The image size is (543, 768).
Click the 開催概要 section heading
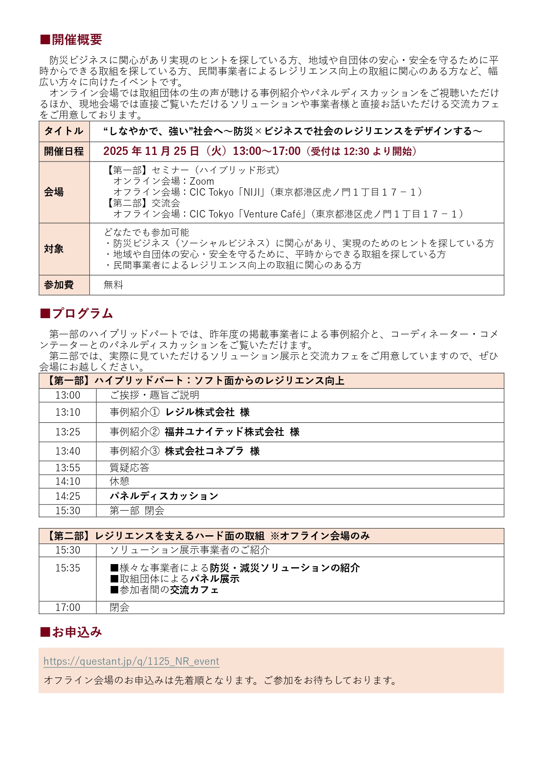pos(71,40)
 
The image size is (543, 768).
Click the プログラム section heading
pos(77,314)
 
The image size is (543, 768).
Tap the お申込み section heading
pos(71,632)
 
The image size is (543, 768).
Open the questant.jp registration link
pos(131,661)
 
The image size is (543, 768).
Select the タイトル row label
pos(64,131)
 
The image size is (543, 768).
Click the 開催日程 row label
pos(64,151)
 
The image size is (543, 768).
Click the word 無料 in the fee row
pos(113,285)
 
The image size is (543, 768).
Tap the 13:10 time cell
pos(68,412)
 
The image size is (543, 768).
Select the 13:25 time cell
pos(68,432)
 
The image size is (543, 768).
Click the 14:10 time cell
pos(68,481)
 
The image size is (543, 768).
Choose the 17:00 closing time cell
pos(68,607)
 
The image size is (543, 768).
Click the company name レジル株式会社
pos(200,412)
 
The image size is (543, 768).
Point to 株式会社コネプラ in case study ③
pos(204,451)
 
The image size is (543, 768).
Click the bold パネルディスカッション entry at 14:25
pos(164,496)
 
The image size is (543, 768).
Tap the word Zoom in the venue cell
pos(202,181)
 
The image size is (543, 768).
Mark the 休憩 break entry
pos(119,481)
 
